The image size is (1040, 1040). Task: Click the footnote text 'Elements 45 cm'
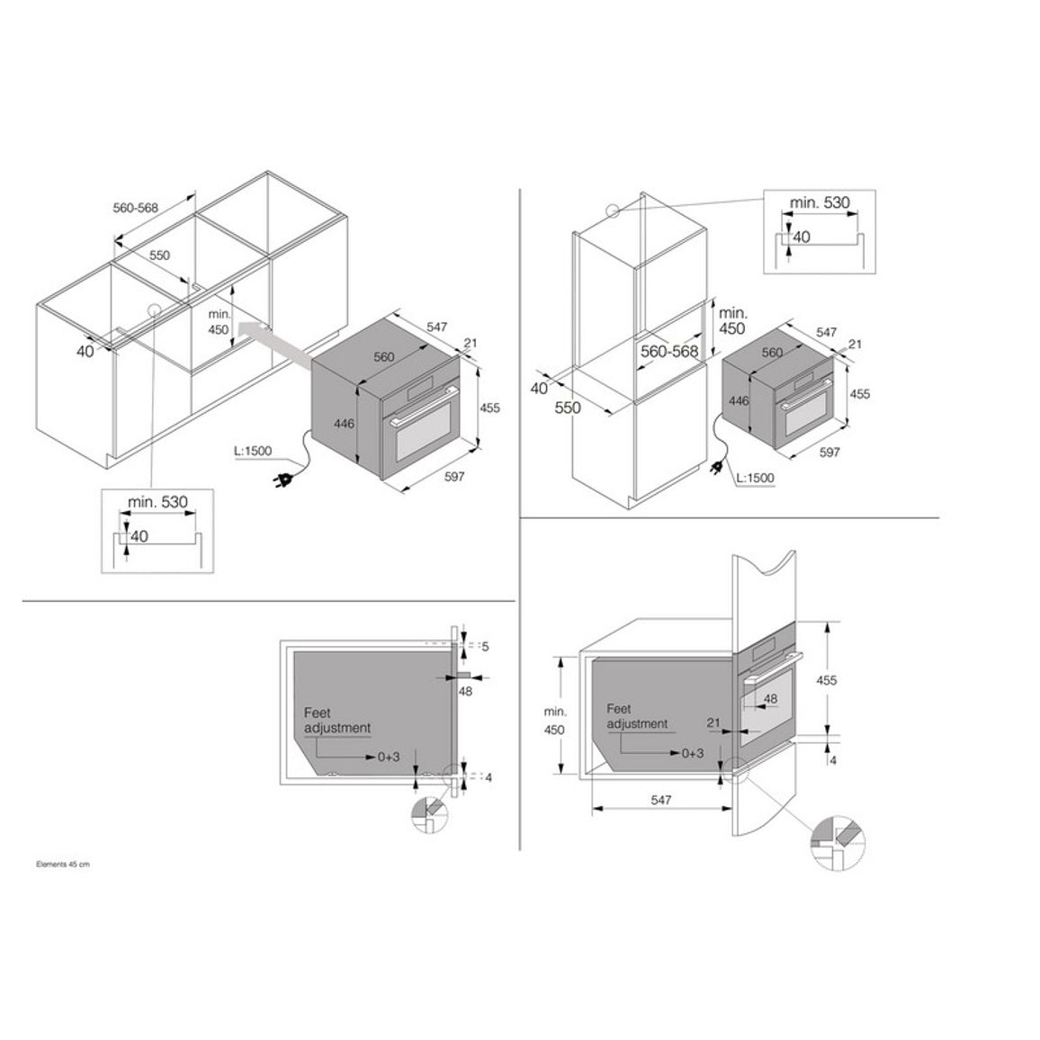pos(62,865)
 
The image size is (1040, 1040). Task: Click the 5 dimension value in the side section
pos(485,646)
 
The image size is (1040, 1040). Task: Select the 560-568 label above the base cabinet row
pos(135,208)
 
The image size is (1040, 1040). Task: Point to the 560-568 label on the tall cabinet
pos(669,351)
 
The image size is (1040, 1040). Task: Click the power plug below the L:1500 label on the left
pos(285,479)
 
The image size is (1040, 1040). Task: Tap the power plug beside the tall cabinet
pos(718,468)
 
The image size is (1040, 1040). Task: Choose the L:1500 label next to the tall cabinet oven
pos(756,478)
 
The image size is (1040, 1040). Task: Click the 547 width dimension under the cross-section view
pos(660,800)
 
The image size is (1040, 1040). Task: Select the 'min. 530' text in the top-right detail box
pos(819,202)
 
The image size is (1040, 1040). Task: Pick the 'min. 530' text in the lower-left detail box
pos(157,501)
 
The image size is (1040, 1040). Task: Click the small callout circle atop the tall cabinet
pos(612,211)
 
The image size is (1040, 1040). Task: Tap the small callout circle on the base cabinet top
pos(155,309)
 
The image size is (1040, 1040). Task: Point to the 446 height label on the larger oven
pos(345,423)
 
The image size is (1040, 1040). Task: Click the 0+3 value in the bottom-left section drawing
pos(389,757)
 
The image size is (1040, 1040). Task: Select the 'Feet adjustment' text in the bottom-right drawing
pos(637,716)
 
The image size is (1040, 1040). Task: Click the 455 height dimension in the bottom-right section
pos(827,680)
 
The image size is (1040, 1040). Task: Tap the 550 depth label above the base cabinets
pos(159,256)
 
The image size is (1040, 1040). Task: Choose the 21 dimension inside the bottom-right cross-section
pos(713,722)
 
